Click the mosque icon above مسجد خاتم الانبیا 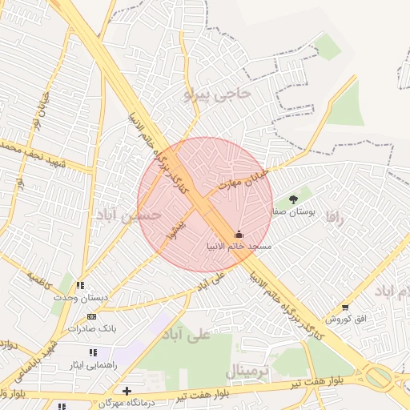pos(239,234)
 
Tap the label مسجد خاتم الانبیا pos(239,246)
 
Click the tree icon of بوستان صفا pos(293,199)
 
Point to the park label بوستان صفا pos(295,211)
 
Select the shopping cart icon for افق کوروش pos(344,307)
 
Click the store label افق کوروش pos(345,319)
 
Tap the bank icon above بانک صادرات pos(90,317)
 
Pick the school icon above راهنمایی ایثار pos(93,352)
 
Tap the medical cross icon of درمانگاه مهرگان pos(127,390)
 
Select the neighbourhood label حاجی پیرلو pos(217,95)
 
